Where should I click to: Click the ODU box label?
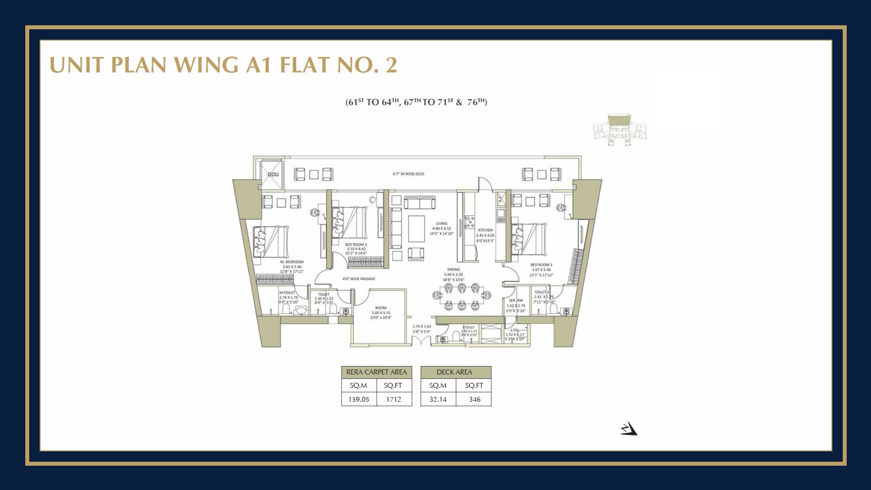272,175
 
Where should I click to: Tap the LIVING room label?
441,224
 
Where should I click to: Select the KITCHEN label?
485,230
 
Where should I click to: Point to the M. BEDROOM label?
291,262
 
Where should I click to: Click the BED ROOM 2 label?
356,245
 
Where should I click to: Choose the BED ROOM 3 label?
541,265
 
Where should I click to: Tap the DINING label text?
453,270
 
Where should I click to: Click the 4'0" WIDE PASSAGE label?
359,279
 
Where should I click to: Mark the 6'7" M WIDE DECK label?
408,174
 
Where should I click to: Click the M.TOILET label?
287,293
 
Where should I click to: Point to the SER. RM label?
516,301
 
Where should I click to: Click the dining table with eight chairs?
462,297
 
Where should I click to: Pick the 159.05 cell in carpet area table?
359,399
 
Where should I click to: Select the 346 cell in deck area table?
474,399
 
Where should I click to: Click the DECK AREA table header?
454,372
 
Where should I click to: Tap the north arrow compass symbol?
629,429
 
